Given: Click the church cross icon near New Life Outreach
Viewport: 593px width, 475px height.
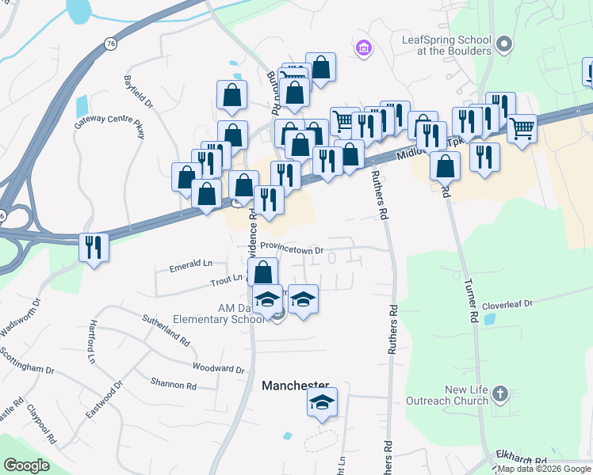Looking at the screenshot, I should [x=499, y=393].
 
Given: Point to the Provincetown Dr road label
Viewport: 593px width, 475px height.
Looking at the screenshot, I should [x=293, y=249].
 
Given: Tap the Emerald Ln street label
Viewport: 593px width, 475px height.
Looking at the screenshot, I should [x=191, y=266].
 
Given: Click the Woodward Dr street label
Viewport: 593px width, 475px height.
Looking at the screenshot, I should [x=219, y=368].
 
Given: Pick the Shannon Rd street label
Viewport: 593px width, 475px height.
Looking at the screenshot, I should [x=174, y=385].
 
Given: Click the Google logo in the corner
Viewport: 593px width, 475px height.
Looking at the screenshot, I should [x=26, y=465].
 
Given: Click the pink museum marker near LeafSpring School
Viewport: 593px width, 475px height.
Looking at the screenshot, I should [x=364, y=49].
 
